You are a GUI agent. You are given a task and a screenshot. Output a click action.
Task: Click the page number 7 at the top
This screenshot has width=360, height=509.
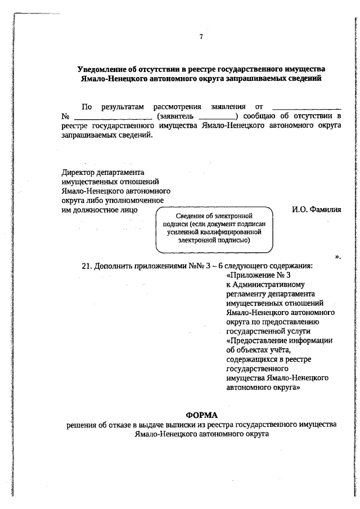click(x=200, y=37)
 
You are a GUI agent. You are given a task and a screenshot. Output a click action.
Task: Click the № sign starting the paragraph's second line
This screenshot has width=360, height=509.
click(x=65, y=116)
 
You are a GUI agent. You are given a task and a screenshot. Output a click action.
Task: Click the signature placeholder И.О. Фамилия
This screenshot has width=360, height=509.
click(x=317, y=210)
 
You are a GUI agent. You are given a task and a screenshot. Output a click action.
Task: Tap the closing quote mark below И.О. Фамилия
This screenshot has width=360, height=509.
click(x=338, y=256)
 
